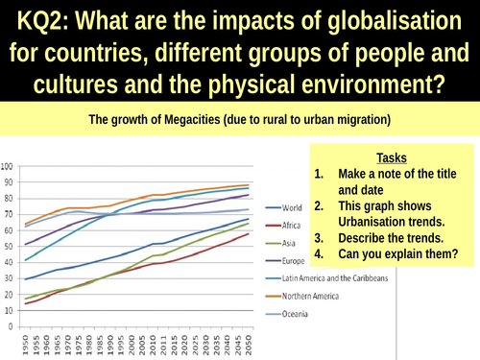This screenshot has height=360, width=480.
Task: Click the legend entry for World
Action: pyautogui.click(x=304, y=206)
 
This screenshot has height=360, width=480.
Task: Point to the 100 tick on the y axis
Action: pyautogui.click(x=10, y=162)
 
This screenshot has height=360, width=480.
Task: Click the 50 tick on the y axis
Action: pyautogui.click(x=12, y=245)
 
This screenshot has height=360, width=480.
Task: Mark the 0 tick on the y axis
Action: pyautogui.click(x=14, y=327)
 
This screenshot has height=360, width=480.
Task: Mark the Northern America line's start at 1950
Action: pyautogui.click(x=26, y=223)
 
